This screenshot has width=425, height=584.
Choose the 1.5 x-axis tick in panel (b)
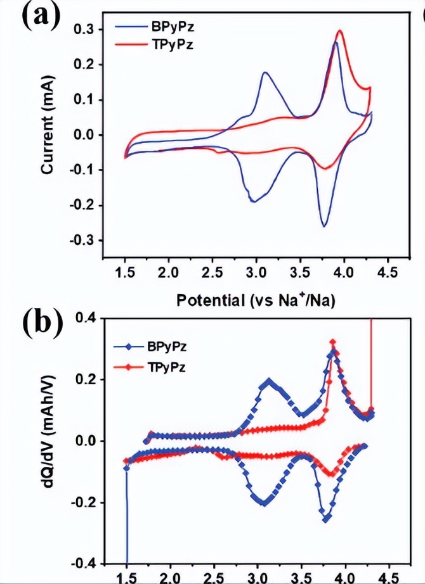pyautogui.click(x=127, y=578)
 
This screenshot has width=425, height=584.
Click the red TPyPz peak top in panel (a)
pyautogui.click(x=341, y=30)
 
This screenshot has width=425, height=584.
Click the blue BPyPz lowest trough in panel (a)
pyautogui.click(x=324, y=226)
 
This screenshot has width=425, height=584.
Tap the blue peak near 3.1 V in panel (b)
pyautogui.click(x=269, y=382)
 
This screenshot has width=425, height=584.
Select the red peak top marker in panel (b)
pyautogui.click(x=332, y=342)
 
